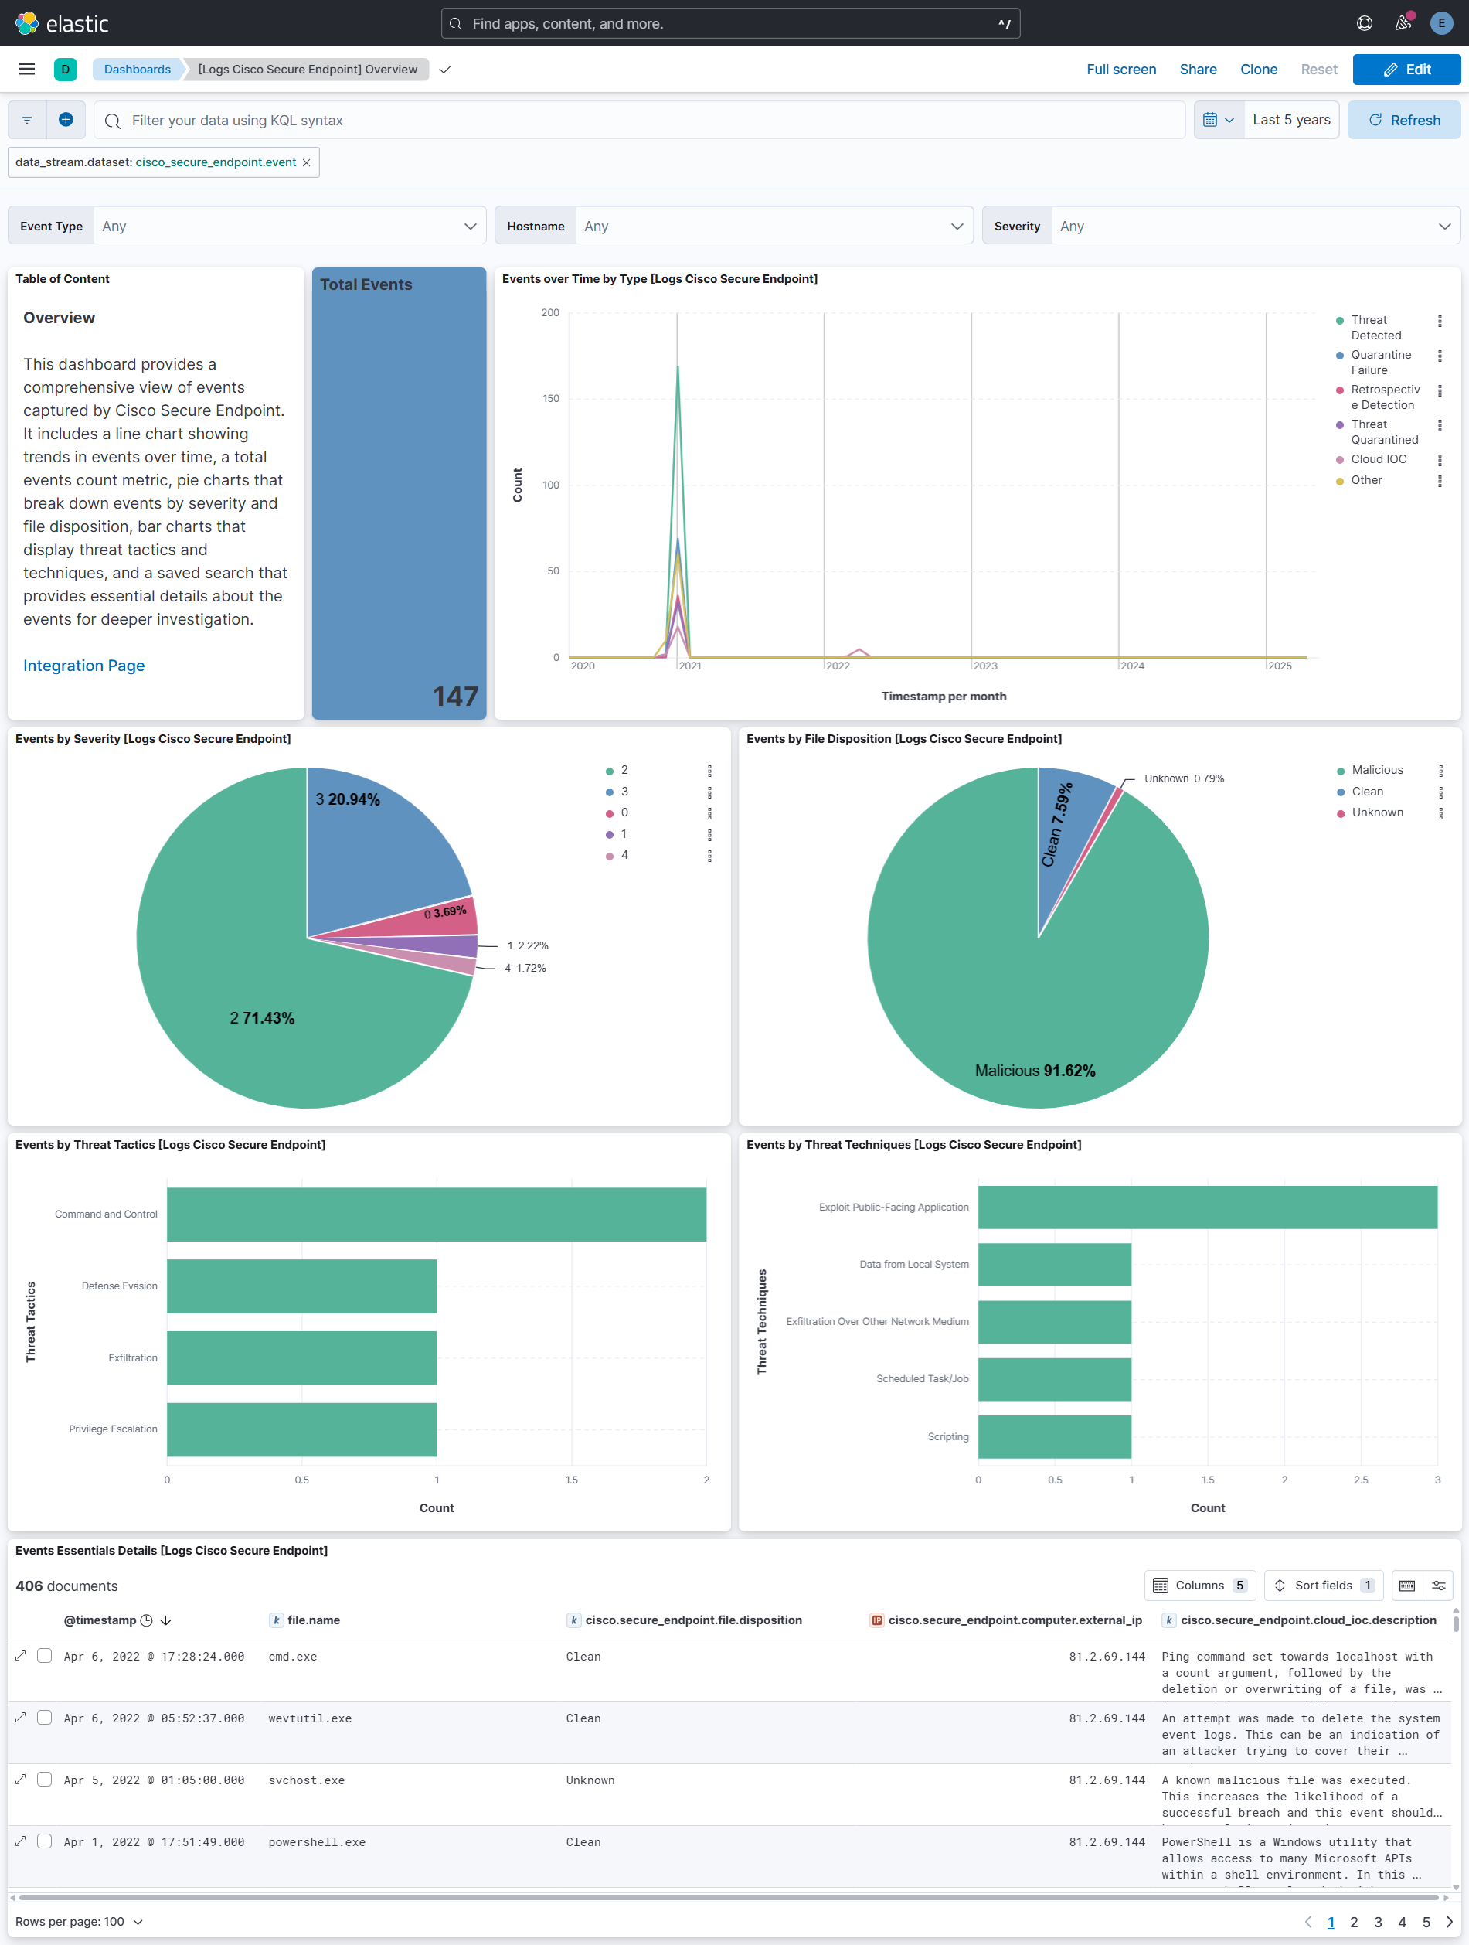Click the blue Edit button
coord(1406,70)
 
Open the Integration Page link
coord(83,666)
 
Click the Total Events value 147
coord(454,697)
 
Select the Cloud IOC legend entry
coord(1378,459)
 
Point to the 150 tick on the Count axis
coord(550,398)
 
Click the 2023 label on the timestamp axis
coord(984,666)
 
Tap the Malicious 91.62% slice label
coord(1035,1070)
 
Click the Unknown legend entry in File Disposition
coord(1377,812)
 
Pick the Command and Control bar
coord(436,1214)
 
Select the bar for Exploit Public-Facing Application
coord(1207,1208)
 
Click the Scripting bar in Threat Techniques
coord(1054,1437)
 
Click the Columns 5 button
coord(1199,1586)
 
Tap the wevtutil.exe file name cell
coord(309,1718)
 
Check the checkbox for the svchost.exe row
coord(45,1780)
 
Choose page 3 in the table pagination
coord(1378,1922)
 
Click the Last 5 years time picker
coord(1290,120)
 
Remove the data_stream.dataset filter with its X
coord(306,162)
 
